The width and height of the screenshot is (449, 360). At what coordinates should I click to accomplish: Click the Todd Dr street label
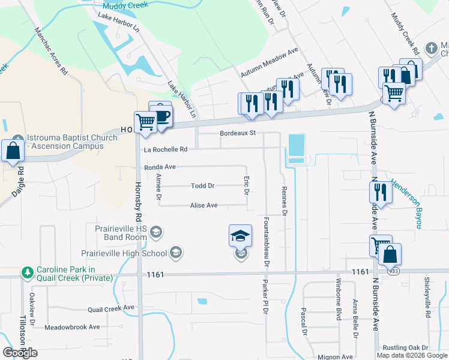coord(202,186)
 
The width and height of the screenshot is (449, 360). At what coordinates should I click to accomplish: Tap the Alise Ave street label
coord(203,205)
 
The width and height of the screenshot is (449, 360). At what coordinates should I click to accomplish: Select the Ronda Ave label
coord(160,167)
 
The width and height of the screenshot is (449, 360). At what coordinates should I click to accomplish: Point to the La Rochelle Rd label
coord(165,149)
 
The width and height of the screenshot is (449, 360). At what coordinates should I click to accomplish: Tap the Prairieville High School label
coord(129,253)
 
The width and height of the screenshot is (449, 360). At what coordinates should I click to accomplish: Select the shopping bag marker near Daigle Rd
coord(13,151)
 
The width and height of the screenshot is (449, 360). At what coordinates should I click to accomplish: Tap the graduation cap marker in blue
coord(240,235)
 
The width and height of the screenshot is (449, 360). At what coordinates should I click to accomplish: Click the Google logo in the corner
coord(20,353)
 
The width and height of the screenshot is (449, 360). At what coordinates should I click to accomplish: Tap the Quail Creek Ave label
coord(111,308)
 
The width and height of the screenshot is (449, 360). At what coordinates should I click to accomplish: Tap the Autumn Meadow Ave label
coord(270,62)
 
